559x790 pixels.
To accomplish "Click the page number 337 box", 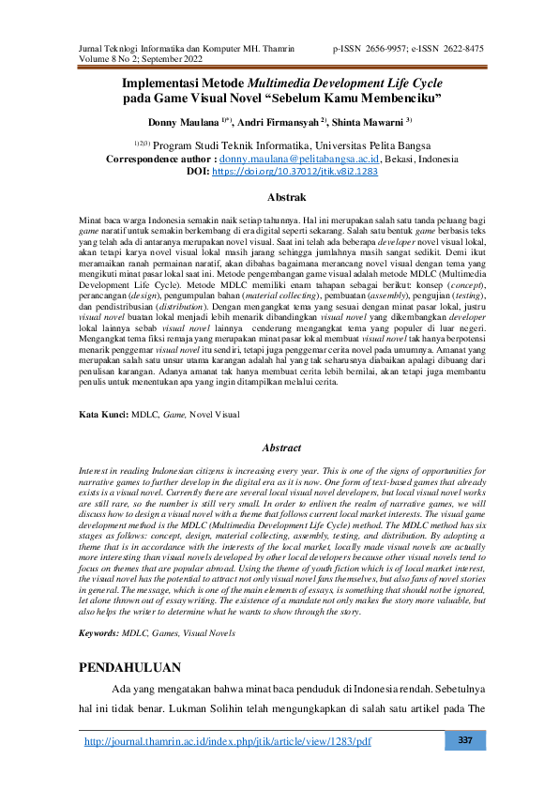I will (x=464, y=741).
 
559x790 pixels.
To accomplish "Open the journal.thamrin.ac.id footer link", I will (x=228, y=742).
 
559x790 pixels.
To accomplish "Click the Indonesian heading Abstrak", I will (x=287, y=198).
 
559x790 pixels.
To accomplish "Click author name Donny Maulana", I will (x=183, y=122).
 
